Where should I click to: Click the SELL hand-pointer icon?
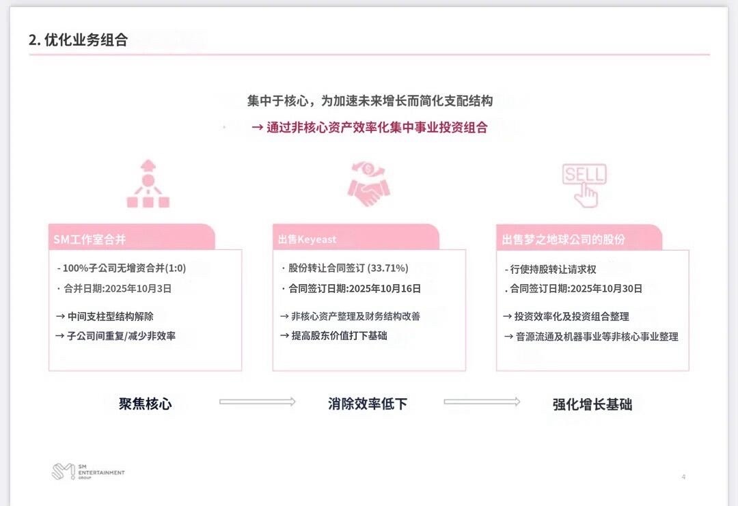pyautogui.click(x=584, y=184)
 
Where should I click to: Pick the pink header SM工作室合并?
pyautogui.click(x=90, y=240)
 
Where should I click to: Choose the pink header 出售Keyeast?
pyautogui.click(x=307, y=240)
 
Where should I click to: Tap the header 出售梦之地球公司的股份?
pyautogui.click(x=564, y=240)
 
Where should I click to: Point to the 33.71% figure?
pyautogui.click(x=388, y=268)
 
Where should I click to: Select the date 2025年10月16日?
pyautogui.click(x=385, y=289)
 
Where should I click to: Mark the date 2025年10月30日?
pyautogui.click(x=606, y=289)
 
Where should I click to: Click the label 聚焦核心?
pyautogui.click(x=146, y=404)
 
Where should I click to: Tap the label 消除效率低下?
pyautogui.click(x=368, y=404)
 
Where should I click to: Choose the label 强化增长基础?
pyautogui.click(x=592, y=404)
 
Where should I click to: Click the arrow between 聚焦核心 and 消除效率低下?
pyautogui.click(x=257, y=402)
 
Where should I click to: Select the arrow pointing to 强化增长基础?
pyautogui.click(x=482, y=402)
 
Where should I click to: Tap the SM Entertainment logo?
pyautogui.click(x=88, y=472)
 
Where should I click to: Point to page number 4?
pyautogui.click(x=683, y=477)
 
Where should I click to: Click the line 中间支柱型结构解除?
pyautogui.click(x=110, y=317)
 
